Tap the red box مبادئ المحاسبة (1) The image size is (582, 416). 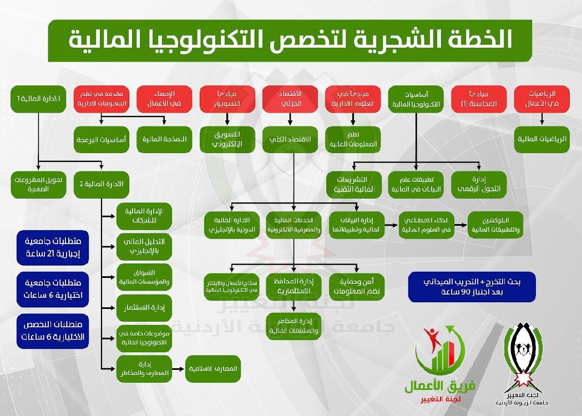(479, 98)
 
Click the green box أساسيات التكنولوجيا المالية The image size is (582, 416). (416, 98)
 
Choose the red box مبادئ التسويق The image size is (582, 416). (227, 98)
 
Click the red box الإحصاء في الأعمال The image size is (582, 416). (164, 98)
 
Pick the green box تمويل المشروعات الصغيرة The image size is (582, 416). (38, 185)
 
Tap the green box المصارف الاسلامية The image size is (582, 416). (214, 369)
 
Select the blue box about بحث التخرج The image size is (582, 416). (472, 287)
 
